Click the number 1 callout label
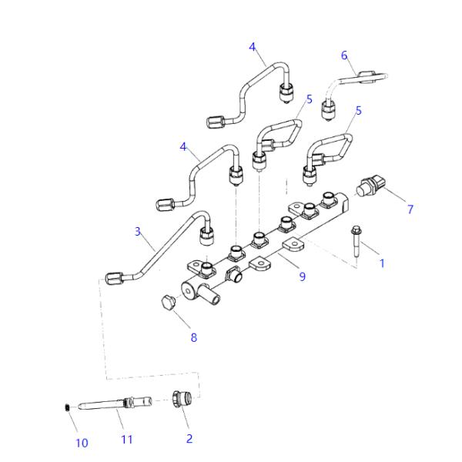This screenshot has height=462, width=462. coord(381,263)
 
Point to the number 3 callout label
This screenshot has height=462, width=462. coord(138,231)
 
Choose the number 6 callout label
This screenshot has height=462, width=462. coord(344,55)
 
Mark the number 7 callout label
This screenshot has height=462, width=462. coord(410,209)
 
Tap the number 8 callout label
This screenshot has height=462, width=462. coord(193,337)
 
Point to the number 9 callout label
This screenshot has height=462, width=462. coord(302,276)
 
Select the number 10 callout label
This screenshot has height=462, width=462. coord(82,443)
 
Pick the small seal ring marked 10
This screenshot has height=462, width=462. coord(68,406)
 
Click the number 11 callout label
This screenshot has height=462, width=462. coord(127,439)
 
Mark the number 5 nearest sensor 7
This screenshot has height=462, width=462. coord(358,111)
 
